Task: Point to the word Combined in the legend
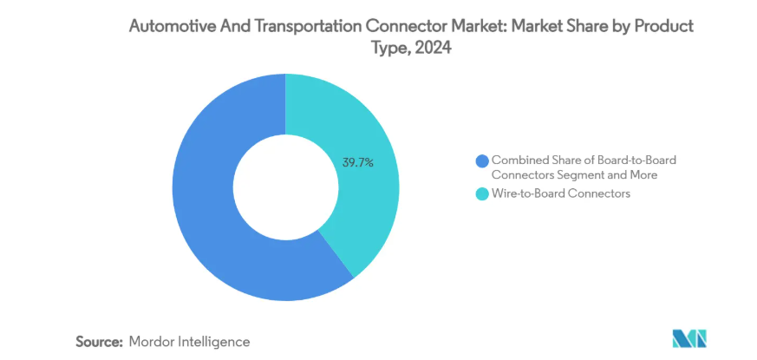(519, 160)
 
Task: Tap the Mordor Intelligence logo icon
(690, 339)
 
